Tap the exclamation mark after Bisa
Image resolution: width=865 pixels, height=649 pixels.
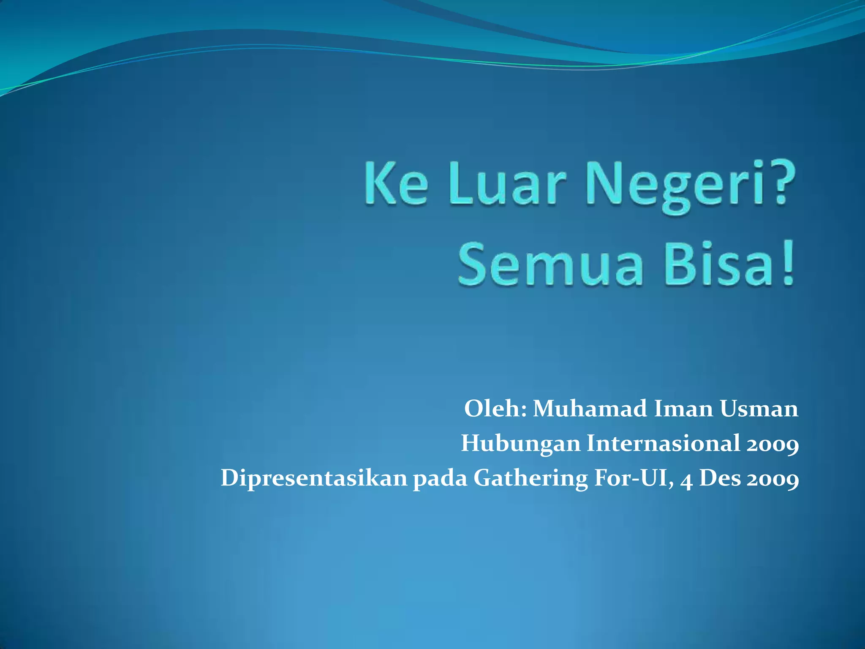coord(786,264)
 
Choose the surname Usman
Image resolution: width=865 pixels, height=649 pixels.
coord(759,409)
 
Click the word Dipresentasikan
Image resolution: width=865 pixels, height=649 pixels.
coord(313,479)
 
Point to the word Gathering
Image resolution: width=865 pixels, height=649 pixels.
coord(530,479)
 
